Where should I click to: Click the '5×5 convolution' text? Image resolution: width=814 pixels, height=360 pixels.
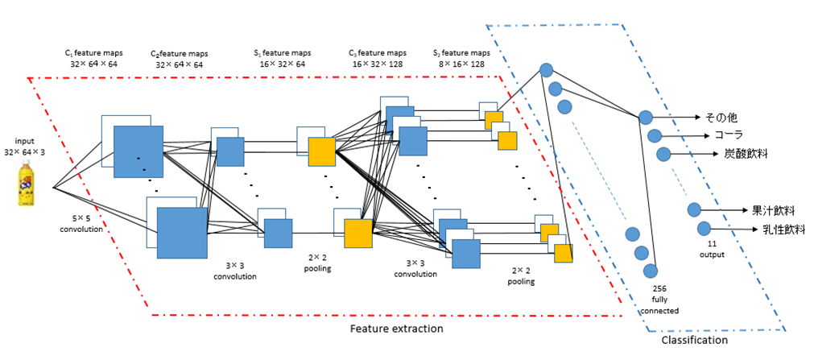point(83,223)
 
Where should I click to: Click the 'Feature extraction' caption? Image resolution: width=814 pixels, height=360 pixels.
point(396,329)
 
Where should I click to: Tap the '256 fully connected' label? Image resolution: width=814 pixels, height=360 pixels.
point(660,298)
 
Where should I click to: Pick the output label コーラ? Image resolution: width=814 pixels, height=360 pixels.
point(729,134)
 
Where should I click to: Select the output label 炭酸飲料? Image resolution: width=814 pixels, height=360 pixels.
point(735,153)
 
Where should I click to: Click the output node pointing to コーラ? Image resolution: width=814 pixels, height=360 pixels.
point(655,135)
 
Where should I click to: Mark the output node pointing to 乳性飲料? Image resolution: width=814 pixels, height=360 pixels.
point(704,228)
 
